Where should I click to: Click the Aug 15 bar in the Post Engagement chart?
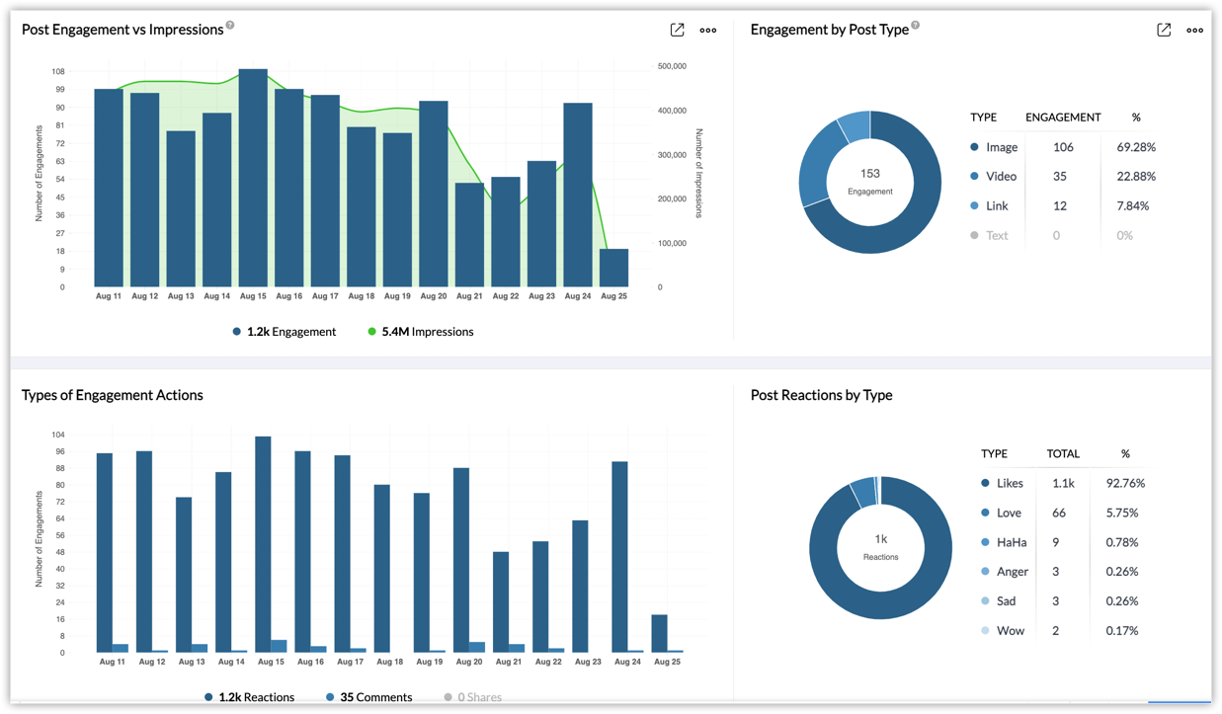point(253,178)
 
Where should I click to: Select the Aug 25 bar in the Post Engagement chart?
point(613,268)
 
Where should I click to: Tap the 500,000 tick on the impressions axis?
point(672,66)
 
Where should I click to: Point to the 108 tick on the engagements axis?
point(58,72)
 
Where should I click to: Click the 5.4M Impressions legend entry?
point(420,332)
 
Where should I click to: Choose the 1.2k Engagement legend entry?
point(285,332)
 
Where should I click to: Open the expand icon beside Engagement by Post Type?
point(1164,30)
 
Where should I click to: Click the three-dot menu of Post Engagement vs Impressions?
point(708,31)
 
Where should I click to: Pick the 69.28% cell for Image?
point(1136,147)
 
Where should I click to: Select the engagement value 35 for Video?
point(1059,177)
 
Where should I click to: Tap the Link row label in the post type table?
point(997,206)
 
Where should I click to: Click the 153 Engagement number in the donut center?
point(869,174)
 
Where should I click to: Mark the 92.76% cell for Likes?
point(1125,484)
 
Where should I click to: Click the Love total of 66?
point(1058,514)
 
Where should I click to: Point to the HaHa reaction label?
point(1011,543)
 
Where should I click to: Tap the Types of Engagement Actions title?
point(113,395)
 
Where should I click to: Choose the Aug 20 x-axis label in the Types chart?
point(469,662)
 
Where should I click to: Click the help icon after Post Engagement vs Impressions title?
point(230,26)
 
